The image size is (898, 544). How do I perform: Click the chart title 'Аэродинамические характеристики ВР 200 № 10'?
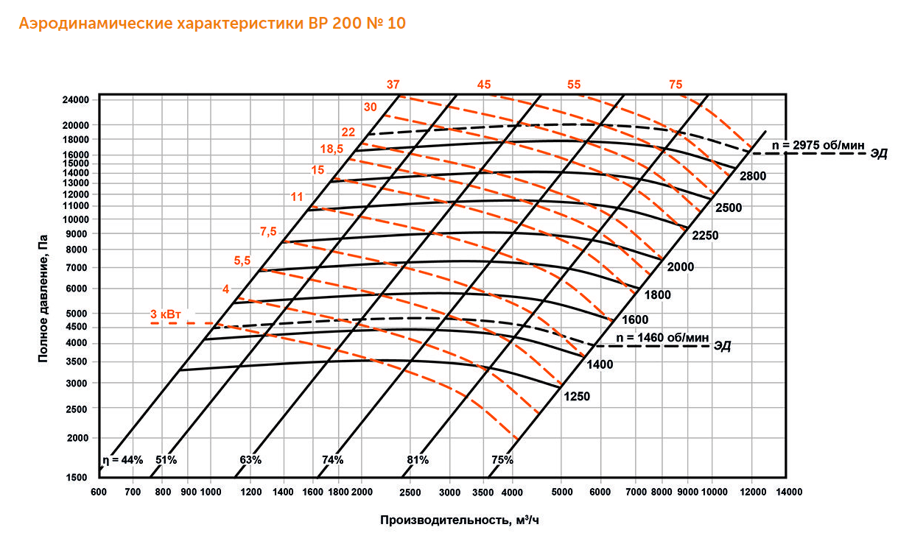(212, 24)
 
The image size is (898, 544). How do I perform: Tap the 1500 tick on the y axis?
(78, 477)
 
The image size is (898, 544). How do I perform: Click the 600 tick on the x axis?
(99, 491)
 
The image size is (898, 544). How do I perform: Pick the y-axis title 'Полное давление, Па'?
(43, 298)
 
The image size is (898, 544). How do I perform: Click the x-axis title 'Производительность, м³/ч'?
(465, 520)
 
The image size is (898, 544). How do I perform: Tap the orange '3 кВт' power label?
(164, 314)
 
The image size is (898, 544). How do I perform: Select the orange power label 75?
(676, 85)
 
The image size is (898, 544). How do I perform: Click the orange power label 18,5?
(332, 149)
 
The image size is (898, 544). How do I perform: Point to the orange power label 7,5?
(268, 231)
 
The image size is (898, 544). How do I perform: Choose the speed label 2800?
(754, 175)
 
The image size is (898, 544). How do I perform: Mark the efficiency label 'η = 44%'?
(122, 459)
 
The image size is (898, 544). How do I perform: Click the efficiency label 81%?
(418, 459)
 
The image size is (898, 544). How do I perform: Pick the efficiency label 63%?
(250, 459)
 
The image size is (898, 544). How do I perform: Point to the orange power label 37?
(393, 85)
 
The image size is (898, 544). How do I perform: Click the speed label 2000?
(680, 266)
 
